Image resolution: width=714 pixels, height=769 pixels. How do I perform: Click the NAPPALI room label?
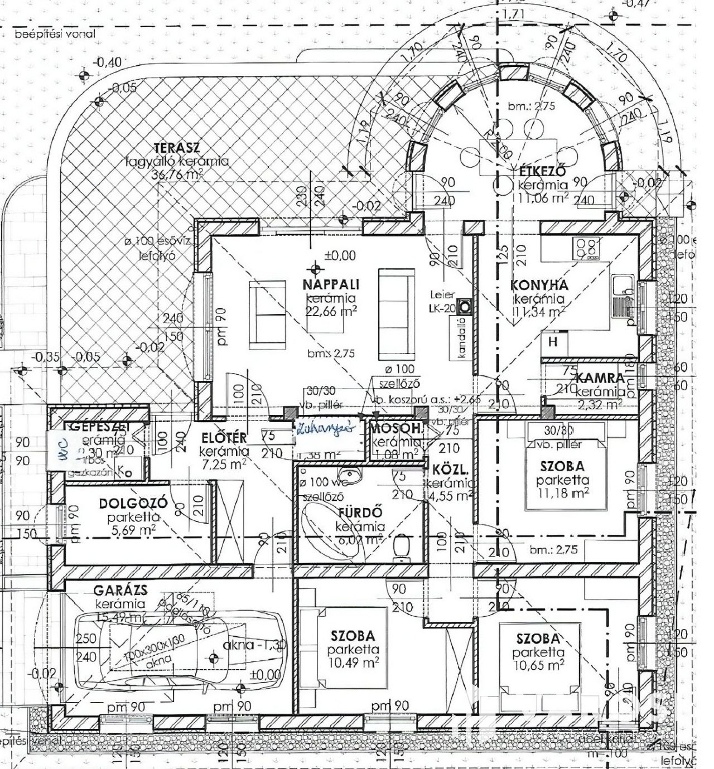(x=330, y=284)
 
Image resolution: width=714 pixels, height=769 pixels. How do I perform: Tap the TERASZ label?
(x=177, y=148)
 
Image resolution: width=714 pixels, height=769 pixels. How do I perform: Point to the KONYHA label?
(x=539, y=285)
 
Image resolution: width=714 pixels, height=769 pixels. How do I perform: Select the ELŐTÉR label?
(x=223, y=438)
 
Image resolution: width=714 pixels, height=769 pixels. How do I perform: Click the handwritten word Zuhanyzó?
(x=326, y=429)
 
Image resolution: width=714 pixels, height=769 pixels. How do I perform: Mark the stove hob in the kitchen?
(x=587, y=248)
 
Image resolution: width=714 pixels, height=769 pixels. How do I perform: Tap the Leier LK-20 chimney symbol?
(x=465, y=306)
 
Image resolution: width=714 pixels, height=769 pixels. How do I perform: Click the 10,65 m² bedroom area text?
(x=539, y=665)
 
